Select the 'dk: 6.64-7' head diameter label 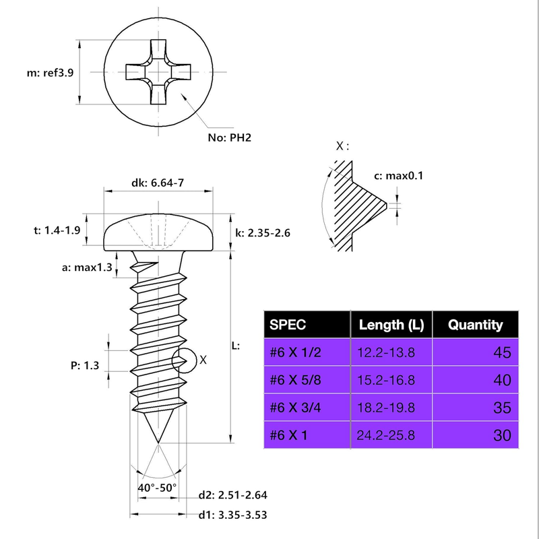coord(157,183)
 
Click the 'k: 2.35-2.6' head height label coord(263,233)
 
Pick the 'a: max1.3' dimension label coord(84,267)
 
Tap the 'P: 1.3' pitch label coord(85,366)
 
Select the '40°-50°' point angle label coord(157,487)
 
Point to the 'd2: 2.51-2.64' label coord(233,495)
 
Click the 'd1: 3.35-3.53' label coord(233,516)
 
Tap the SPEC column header coord(288,325)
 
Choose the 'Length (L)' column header coord(391,325)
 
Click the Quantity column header coord(476,325)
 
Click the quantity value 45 coord(502,352)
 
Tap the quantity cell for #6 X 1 coord(502,435)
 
